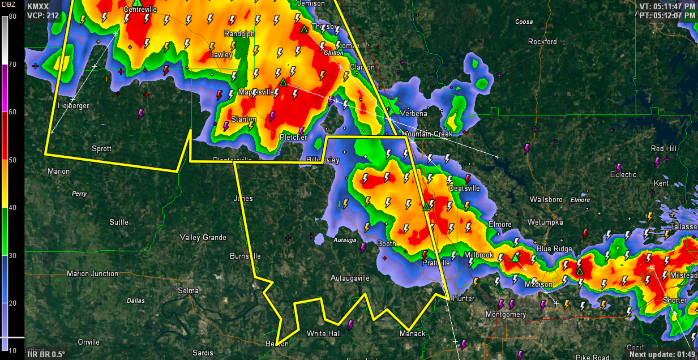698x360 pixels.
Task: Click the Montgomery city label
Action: click(506, 315)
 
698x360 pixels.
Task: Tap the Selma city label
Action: click(189, 290)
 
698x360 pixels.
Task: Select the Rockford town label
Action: click(542, 42)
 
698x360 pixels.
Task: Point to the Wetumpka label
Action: click(546, 222)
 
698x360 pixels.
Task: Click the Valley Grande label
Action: click(203, 238)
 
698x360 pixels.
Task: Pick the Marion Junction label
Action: click(92, 274)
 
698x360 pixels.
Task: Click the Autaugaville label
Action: click(350, 278)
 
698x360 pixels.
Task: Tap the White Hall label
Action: click(323, 333)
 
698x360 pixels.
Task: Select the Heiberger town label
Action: click(73, 106)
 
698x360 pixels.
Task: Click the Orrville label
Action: click(88, 342)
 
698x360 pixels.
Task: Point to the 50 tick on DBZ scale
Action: click(12, 160)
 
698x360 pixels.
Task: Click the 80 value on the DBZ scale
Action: click(12, 17)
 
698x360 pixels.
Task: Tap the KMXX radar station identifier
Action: click(38, 6)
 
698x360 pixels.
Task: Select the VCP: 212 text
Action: click(43, 16)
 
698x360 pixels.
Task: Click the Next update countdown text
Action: click(662, 354)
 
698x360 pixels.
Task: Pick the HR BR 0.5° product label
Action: click(46, 354)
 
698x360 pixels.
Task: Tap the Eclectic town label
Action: click(623, 175)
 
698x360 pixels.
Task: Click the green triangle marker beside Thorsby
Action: click(304, 29)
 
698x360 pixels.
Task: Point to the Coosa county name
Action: click(524, 22)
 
